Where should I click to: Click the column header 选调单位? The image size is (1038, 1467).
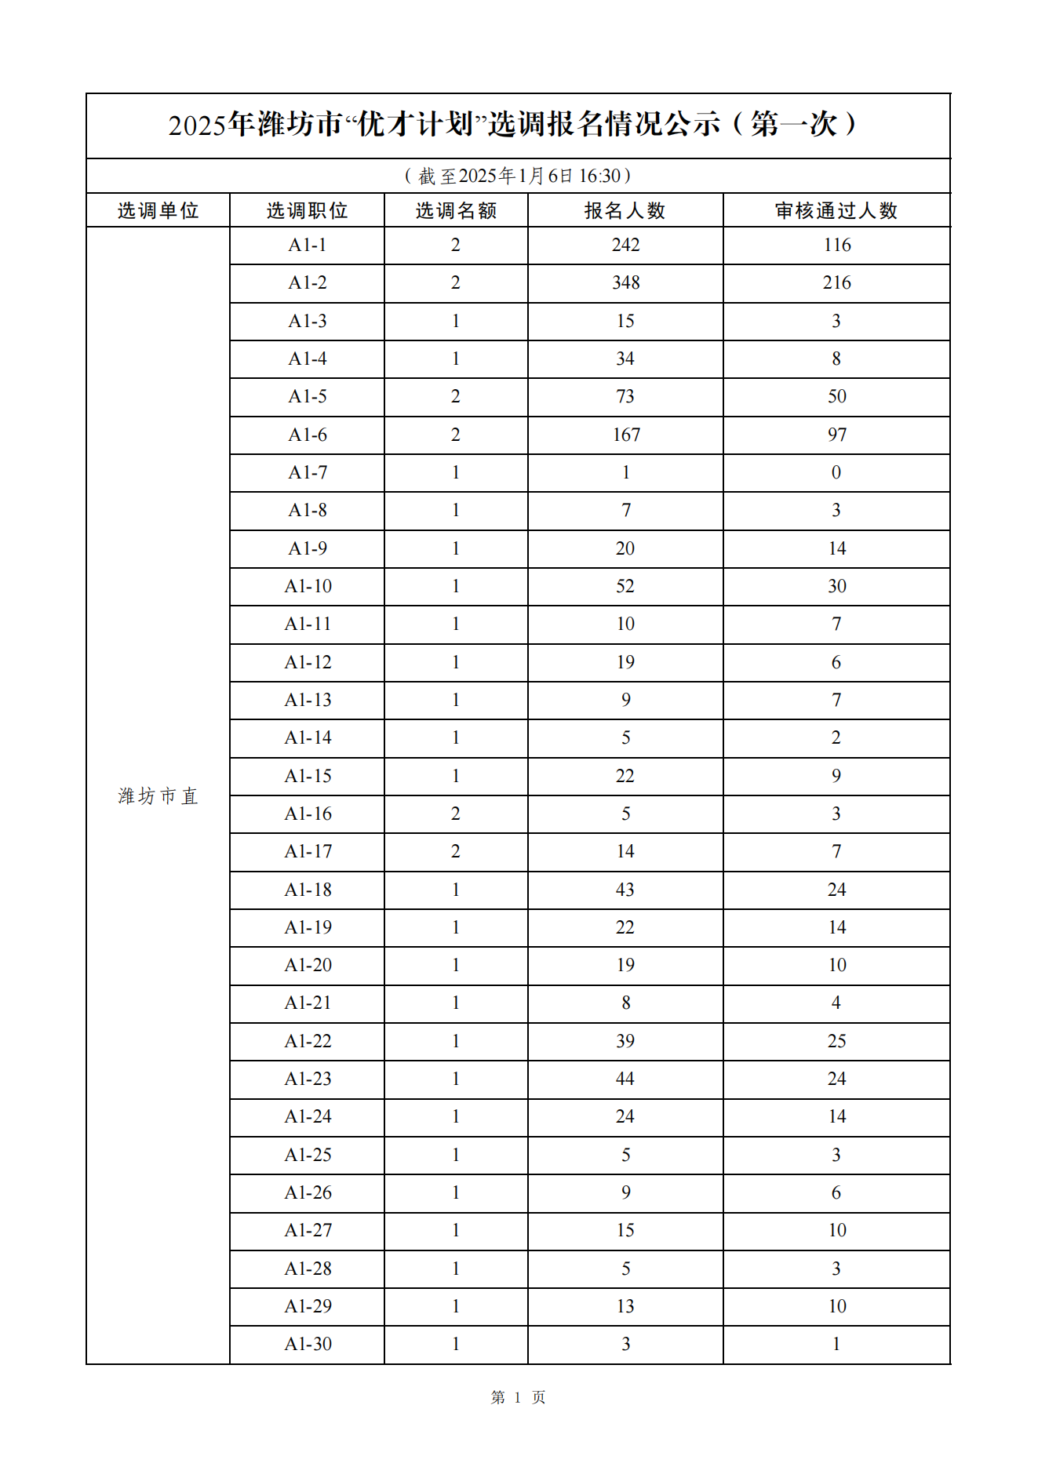coord(158,211)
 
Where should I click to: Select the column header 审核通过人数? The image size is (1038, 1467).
coord(836,211)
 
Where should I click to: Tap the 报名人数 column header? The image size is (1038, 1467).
coord(625,211)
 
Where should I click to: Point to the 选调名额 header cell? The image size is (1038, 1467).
coord(456,211)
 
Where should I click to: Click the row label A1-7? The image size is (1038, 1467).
coord(308,472)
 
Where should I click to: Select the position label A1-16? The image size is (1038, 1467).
coord(308,814)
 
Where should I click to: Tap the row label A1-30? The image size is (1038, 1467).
coord(308,1344)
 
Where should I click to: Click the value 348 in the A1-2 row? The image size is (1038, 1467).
coord(625,282)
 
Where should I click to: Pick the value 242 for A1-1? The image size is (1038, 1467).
coord(625,245)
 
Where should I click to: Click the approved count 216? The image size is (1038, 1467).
coord(836,282)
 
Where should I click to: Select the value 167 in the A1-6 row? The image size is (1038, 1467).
coord(626,435)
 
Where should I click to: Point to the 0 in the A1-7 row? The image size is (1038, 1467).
coord(836,472)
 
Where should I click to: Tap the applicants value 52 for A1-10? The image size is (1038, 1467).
coord(625,586)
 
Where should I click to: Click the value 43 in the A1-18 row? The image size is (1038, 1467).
coord(625,890)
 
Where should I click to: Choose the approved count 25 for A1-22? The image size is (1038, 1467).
coord(836,1041)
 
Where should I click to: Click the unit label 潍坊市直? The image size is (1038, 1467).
coord(158,796)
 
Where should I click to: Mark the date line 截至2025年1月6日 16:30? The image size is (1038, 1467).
coord(518,176)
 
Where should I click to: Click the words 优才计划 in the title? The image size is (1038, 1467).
coord(415,125)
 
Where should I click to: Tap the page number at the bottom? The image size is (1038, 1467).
coord(518,1397)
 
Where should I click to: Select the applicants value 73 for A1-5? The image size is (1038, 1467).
coord(625,396)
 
